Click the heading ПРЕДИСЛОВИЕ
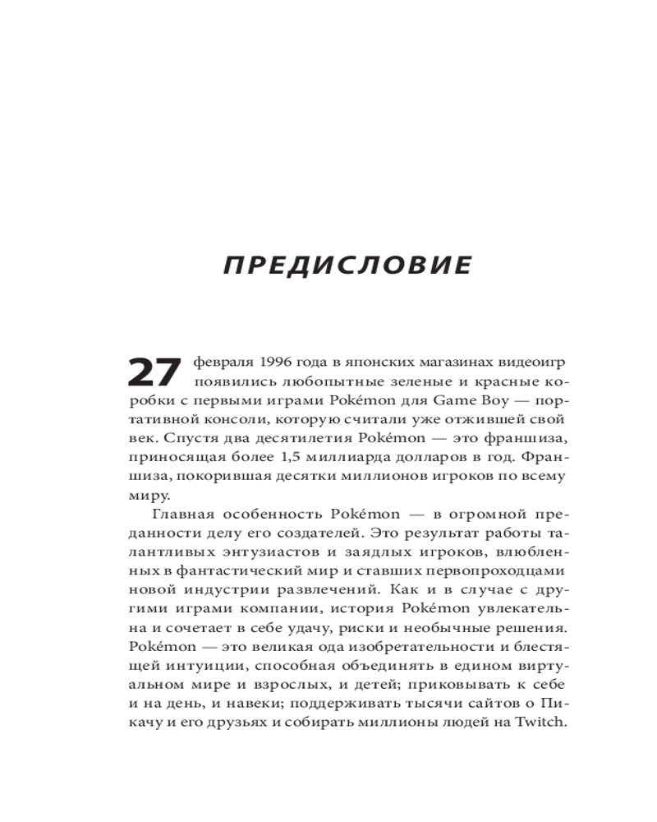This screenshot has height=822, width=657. click(x=349, y=266)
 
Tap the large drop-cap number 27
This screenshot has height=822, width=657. click(x=154, y=372)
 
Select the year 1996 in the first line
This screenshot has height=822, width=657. click(x=281, y=362)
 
